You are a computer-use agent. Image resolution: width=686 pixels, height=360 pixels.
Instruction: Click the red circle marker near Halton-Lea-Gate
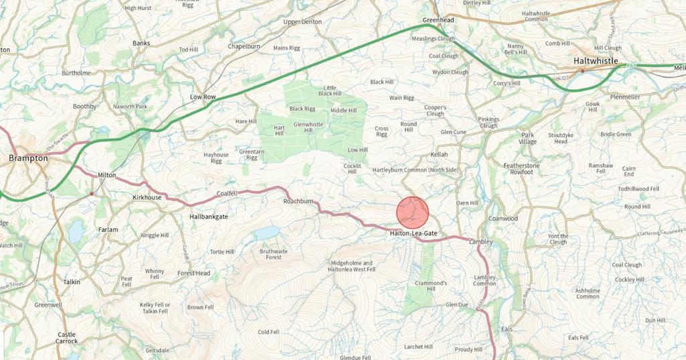coord(412,213)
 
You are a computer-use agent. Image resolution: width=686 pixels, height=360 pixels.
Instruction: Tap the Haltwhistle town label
coord(596,60)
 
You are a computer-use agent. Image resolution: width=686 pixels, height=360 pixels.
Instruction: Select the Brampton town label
coord(28,158)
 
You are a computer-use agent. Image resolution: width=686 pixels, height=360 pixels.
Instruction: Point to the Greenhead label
coord(438,21)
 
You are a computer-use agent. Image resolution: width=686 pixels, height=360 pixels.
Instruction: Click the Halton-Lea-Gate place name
coord(414,233)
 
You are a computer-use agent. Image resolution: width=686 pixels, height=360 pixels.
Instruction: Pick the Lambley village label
coord(481,241)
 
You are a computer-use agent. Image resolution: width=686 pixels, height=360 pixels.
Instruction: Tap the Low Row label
coord(203,97)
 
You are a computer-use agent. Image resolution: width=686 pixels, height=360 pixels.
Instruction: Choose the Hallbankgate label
coord(209,217)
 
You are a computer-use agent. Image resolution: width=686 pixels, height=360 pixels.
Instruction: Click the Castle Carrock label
coord(66,338)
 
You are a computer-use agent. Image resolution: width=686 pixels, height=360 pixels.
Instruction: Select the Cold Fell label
coord(268,332)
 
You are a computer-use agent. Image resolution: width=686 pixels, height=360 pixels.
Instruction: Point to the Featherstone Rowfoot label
coord(522,168)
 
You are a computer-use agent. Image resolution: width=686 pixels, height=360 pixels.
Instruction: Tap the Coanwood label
coord(503,219)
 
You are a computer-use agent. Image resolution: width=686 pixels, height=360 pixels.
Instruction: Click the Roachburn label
coord(298,201)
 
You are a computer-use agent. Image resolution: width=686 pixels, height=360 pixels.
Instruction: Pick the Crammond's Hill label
coord(430,286)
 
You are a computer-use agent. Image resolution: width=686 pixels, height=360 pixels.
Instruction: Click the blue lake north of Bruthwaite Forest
coord(266,232)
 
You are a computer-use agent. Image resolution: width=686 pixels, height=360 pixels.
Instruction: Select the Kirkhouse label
coord(147,197)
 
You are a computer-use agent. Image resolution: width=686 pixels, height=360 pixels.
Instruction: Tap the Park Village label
coord(529,138)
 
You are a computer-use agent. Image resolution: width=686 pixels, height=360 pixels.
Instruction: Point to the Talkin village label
coord(72,282)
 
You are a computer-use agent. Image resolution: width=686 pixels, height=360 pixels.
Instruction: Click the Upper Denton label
coord(302,22)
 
